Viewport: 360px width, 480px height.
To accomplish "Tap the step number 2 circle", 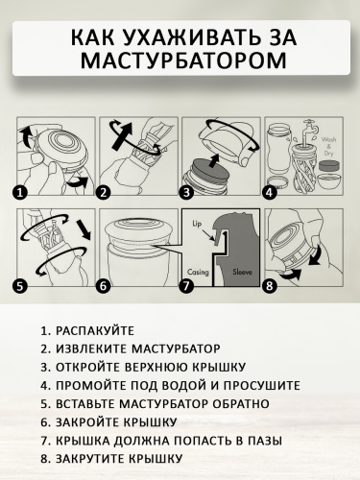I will pyautogui.click(x=104, y=191).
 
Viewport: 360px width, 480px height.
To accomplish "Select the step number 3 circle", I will pyautogui.click(x=189, y=191).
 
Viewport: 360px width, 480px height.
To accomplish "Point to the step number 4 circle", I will pyautogui.click(x=270, y=191).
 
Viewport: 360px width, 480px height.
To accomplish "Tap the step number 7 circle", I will pyautogui.click(x=187, y=284).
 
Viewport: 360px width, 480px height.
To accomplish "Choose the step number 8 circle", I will pyautogui.click(x=270, y=284).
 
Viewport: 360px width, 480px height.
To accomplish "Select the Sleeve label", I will pyautogui.click(x=242, y=273).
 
